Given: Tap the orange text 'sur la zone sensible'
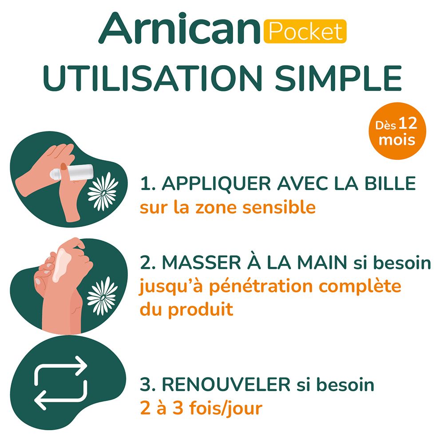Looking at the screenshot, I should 227,207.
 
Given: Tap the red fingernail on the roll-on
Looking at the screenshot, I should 63,167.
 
